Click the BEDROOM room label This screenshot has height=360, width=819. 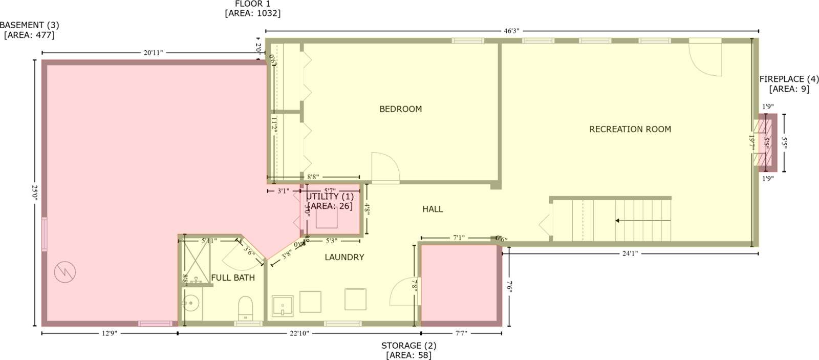pos(400,109)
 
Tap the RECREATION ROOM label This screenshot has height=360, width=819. pos(630,130)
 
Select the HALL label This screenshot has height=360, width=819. pos(433,209)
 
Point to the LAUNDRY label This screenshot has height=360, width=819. pos(344,257)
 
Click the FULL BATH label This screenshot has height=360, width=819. pos(233,278)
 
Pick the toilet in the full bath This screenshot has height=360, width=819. pos(246,307)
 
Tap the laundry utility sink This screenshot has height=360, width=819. pos(282,306)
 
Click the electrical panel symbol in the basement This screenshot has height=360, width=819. pos(65,271)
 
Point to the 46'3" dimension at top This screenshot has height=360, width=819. pos(511,31)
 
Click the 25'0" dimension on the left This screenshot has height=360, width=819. pos(35,193)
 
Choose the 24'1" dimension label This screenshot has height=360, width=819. pos(630,253)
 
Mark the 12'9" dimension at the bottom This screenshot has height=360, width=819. pos(109,333)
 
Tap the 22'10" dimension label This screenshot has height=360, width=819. pos(299,333)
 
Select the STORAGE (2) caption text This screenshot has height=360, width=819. pos(408,346)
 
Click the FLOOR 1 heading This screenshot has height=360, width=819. pos(252,4)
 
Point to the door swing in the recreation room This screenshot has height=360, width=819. pos(705,58)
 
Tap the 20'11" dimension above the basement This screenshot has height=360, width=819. pos(153,53)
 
